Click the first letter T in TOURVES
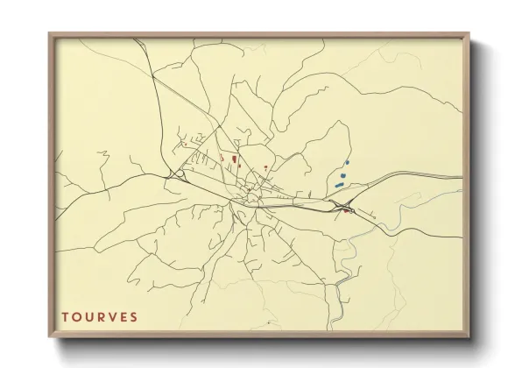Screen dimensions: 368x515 click(x=64, y=316)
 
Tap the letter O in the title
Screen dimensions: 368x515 click(x=76, y=316)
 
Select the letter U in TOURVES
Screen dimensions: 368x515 click(x=88, y=316)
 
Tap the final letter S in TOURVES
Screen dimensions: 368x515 click(x=134, y=316)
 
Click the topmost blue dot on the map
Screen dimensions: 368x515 click(x=347, y=163)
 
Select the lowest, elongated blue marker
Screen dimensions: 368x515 click(x=339, y=185)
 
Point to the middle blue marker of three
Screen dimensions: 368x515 click(x=342, y=174)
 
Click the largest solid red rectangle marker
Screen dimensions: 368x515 click(x=234, y=159)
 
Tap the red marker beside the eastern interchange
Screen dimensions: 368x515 click(x=347, y=211)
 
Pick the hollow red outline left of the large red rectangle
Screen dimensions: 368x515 click(x=222, y=158)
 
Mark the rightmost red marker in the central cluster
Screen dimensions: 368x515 click(x=265, y=166)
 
